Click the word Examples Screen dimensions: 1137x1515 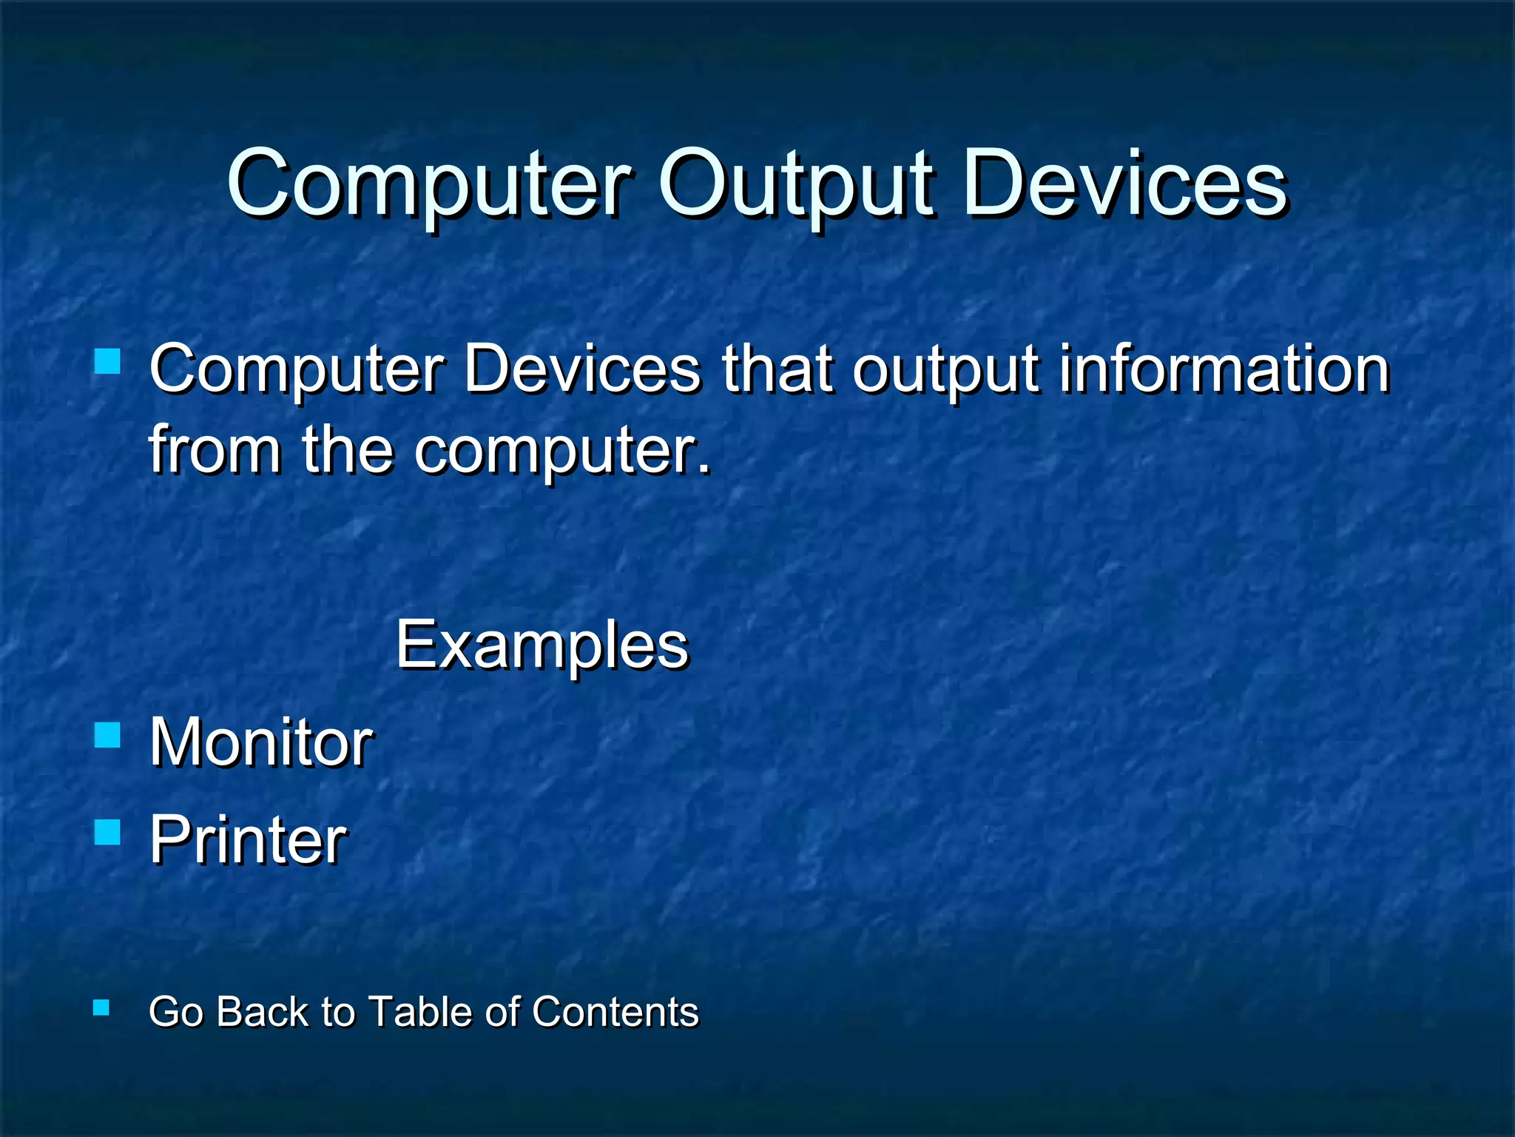pos(542,645)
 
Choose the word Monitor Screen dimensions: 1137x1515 pos(261,742)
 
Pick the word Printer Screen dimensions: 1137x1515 pos(248,839)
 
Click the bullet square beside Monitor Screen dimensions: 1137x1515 pos(108,735)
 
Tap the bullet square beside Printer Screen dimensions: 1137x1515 pos(108,832)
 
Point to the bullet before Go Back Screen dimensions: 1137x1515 pos(102,1007)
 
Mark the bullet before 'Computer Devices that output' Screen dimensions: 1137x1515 pos(108,361)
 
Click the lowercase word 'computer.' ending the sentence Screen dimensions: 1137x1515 pos(562,450)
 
